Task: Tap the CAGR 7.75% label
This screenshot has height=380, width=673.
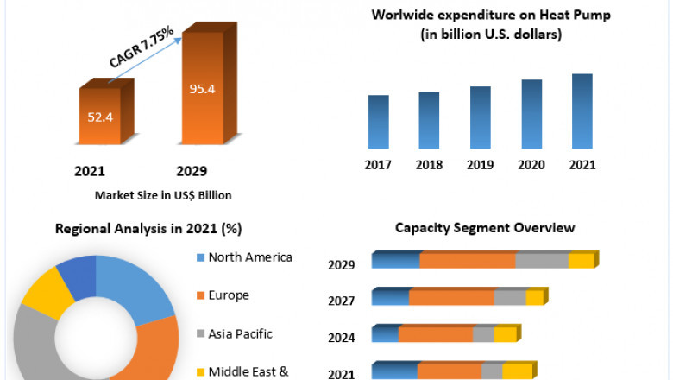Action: click(142, 47)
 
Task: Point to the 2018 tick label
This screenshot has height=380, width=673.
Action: click(429, 164)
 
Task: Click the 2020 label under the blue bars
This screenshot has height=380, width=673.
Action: click(531, 164)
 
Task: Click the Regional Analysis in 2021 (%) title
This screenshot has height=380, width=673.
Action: click(148, 229)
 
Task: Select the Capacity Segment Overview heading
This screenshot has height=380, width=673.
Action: click(485, 228)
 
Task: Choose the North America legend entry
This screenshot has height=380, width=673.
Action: click(251, 257)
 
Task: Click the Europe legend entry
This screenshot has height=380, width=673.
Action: click(228, 295)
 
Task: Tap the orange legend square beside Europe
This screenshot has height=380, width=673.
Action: click(201, 296)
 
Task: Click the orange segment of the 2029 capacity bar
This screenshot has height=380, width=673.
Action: click(467, 261)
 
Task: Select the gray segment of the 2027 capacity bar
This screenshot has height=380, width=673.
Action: click(509, 298)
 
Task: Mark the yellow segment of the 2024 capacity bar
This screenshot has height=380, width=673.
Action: click(505, 335)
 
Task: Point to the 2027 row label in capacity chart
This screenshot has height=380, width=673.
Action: click(342, 301)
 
